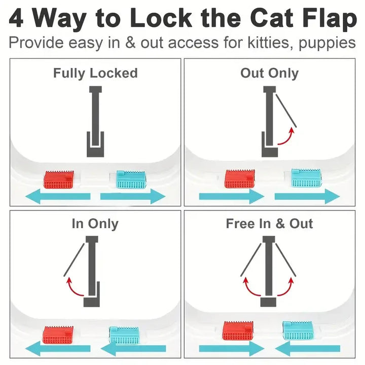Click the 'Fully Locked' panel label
(x=95, y=73)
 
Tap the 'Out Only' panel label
(x=269, y=73)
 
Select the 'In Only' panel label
(x=95, y=224)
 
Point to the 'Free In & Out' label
(x=269, y=224)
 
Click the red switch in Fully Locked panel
(x=59, y=179)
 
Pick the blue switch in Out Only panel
(x=306, y=178)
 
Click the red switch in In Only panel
(x=59, y=333)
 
